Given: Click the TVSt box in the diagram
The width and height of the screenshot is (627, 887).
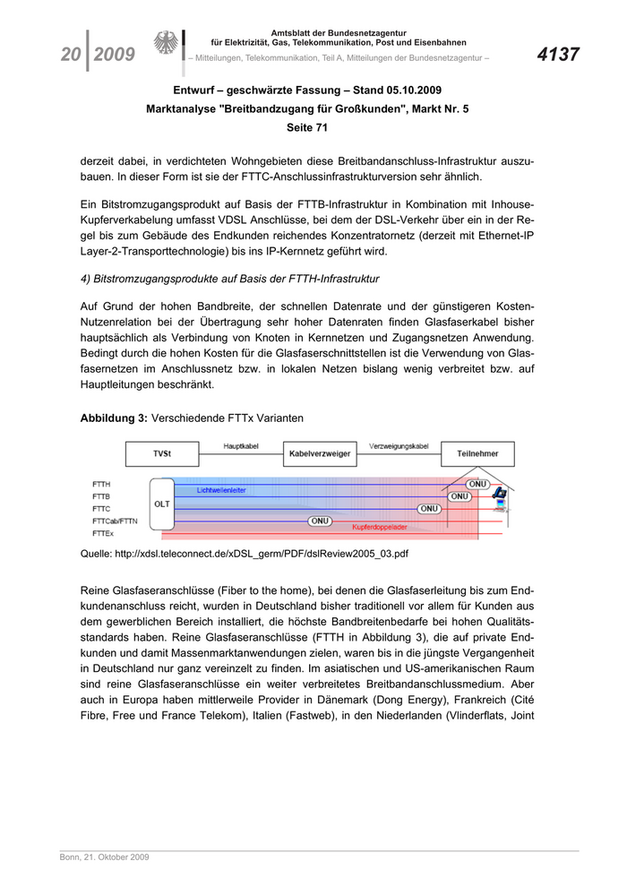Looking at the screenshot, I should [x=162, y=454].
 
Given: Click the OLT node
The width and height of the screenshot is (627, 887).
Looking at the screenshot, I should [x=162, y=504].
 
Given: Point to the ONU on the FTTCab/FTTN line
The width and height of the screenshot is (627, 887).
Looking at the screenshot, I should [x=320, y=520].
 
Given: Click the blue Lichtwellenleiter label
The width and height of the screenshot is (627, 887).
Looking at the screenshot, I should [x=221, y=490].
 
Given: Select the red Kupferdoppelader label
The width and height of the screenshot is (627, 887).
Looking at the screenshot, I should [x=381, y=528].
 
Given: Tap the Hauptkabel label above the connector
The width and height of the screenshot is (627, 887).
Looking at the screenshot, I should [x=240, y=445].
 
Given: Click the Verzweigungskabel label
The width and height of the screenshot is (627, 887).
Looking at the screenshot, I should [x=398, y=445].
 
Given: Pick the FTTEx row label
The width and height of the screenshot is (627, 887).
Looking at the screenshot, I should [x=102, y=532].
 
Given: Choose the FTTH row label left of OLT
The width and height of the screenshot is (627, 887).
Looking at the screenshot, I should [x=101, y=484].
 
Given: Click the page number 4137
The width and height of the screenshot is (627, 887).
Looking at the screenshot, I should [x=558, y=55].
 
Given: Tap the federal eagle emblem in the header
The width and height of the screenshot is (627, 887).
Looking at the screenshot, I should [x=166, y=45].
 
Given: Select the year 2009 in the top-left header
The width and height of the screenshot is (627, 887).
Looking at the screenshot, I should [x=114, y=56].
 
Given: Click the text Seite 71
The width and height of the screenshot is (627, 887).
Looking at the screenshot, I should [x=306, y=127].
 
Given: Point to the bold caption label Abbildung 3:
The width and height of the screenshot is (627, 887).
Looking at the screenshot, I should [x=114, y=418].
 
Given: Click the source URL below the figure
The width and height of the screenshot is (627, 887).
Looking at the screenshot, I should [x=245, y=555].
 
